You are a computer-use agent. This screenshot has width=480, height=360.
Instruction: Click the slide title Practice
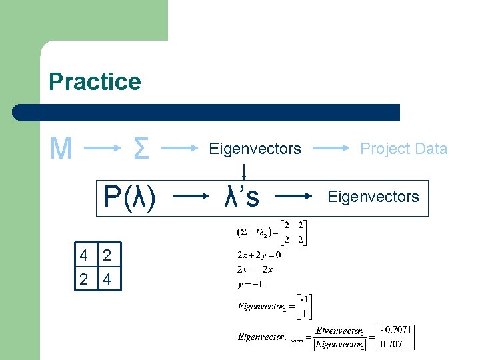95,82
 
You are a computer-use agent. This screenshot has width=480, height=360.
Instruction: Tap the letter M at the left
61,149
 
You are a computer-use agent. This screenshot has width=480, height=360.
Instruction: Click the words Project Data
403,149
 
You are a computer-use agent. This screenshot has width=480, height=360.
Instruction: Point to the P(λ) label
129,197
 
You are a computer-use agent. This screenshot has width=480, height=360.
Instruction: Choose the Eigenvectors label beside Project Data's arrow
255,149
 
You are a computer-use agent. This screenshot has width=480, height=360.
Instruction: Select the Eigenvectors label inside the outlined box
373,197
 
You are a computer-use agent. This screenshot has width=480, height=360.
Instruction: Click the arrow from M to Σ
100,149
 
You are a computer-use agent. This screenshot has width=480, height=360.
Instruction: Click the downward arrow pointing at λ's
245,172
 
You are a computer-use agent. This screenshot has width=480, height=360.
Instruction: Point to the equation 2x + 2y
259,255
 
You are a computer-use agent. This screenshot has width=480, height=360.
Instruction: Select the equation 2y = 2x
255,269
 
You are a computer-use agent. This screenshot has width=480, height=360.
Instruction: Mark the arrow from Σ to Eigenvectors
182,148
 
